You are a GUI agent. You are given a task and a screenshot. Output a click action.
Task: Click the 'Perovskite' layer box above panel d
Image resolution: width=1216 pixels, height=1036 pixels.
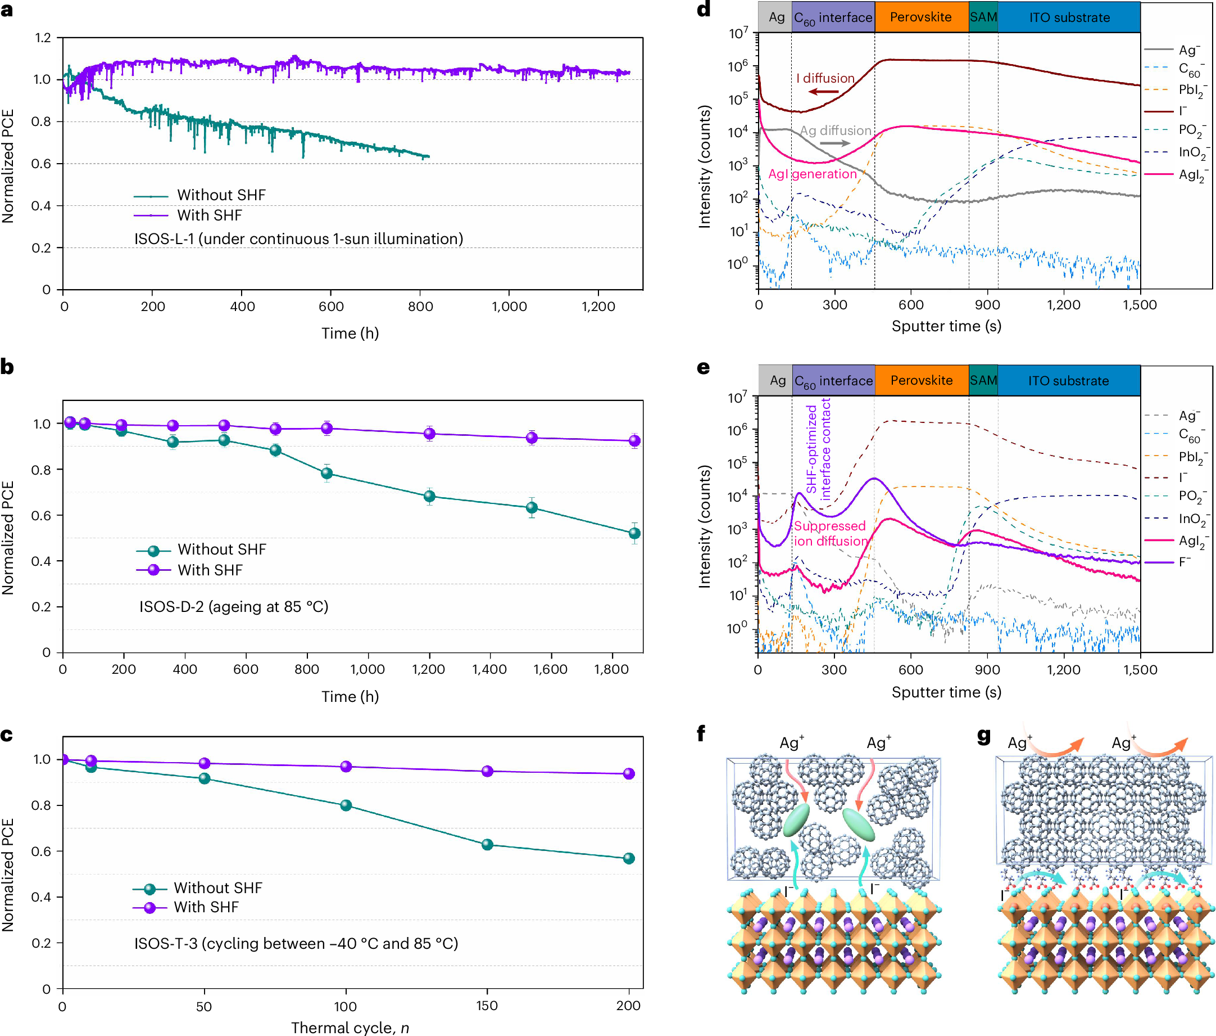pyautogui.click(x=921, y=17)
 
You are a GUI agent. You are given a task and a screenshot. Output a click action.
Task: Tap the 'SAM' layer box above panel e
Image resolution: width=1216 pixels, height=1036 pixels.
pyautogui.click(x=983, y=381)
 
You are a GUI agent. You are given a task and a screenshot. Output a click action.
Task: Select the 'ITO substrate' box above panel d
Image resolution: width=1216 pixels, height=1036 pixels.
pyautogui.click(x=1069, y=17)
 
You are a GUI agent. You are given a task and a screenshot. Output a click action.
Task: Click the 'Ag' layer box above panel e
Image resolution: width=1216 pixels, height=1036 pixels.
pyautogui.click(x=777, y=381)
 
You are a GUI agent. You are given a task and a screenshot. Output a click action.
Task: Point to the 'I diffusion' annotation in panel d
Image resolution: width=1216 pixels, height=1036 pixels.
pyautogui.click(x=824, y=78)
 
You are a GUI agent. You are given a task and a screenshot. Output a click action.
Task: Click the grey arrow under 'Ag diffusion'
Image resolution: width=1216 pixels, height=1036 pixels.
pyautogui.click(x=834, y=143)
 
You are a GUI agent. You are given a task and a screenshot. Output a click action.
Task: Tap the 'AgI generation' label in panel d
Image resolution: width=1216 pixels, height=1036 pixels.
pyautogui.click(x=812, y=174)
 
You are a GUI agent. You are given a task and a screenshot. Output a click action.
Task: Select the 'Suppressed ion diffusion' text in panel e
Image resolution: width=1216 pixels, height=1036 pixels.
pyautogui.click(x=830, y=533)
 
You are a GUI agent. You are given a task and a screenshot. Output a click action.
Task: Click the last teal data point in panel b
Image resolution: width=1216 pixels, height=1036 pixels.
pyautogui.click(x=634, y=533)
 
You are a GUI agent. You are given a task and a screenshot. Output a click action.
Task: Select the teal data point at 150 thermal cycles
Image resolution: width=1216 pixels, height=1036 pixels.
pyautogui.click(x=487, y=845)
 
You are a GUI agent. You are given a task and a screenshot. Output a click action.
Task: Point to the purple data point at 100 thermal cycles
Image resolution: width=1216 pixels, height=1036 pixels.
pyautogui.click(x=346, y=767)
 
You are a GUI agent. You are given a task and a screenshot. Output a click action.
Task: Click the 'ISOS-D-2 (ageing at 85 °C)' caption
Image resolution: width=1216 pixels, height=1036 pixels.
pyautogui.click(x=234, y=607)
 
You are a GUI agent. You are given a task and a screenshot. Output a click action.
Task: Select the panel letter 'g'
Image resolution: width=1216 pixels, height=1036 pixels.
pyautogui.click(x=984, y=735)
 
